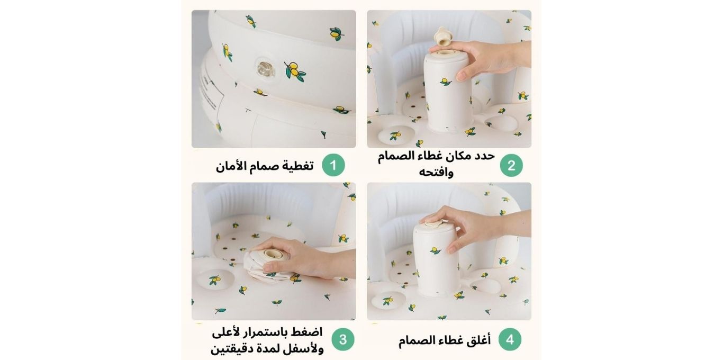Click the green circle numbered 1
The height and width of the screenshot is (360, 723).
pos(333,165)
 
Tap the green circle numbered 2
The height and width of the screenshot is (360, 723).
pos(511,165)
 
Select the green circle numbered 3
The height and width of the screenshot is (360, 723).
pos(343,339)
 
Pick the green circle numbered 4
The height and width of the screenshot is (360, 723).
pos(510,339)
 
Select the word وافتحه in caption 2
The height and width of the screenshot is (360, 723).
pos(436,172)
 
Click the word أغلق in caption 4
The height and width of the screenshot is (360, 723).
pos(479,340)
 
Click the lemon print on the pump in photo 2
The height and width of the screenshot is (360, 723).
pos(446,82)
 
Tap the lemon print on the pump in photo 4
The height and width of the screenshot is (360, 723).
pos(436,250)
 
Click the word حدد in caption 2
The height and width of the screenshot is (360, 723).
pos(485,156)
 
